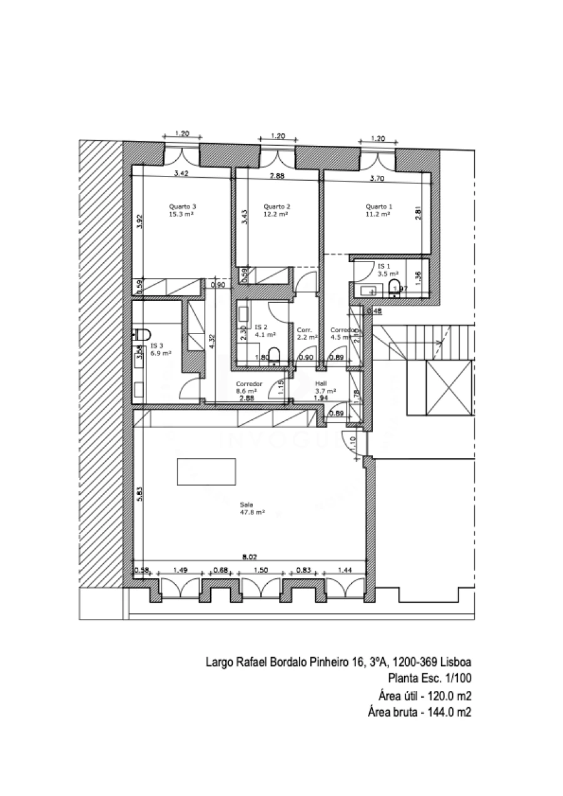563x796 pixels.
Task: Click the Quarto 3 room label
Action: click(x=181, y=210)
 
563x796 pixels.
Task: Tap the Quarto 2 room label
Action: click(x=276, y=210)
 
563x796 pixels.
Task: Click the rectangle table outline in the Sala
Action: click(x=206, y=472)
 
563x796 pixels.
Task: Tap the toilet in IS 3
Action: click(x=141, y=334)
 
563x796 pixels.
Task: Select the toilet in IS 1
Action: click(x=394, y=287)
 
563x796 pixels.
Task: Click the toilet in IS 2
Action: click(x=272, y=352)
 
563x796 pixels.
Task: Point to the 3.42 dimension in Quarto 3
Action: click(x=181, y=173)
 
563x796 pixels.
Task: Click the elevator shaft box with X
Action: click(x=447, y=387)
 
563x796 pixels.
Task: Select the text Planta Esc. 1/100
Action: click(x=430, y=677)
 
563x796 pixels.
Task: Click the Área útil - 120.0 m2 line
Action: click(x=424, y=695)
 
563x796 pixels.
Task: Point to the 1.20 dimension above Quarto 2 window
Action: click(x=278, y=136)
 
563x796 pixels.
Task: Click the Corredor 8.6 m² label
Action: click(x=248, y=387)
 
